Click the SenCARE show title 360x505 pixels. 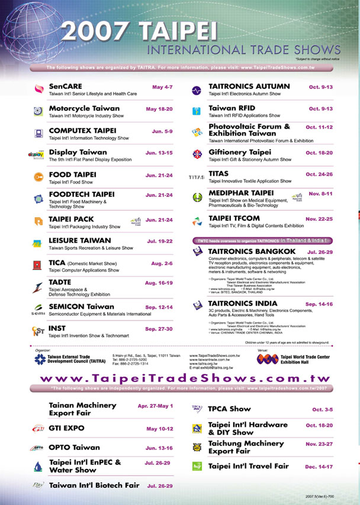click(x=65, y=86)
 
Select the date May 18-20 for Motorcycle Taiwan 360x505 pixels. click(x=159, y=109)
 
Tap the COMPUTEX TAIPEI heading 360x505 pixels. click(x=82, y=130)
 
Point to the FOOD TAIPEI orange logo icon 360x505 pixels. click(x=38, y=176)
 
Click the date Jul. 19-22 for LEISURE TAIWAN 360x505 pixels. click(x=159, y=241)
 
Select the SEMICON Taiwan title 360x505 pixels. click(x=81, y=307)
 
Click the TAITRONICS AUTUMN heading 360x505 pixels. click(x=249, y=86)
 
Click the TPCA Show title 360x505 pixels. click(x=230, y=408)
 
